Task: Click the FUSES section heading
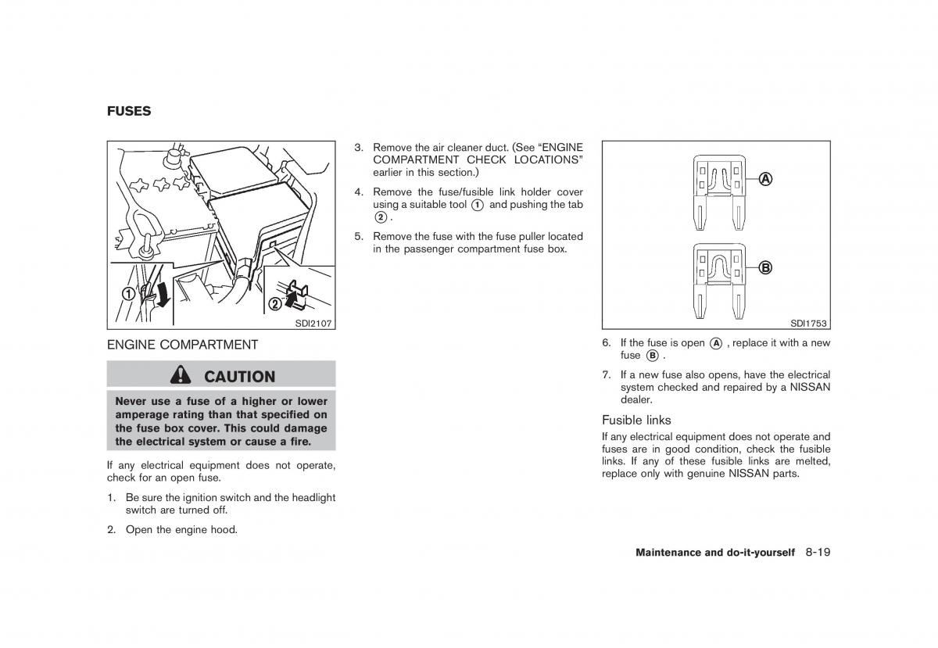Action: tap(129, 111)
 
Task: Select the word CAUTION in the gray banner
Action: tap(239, 376)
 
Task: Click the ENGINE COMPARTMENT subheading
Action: tap(182, 344)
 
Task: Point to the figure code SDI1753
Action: tap(807, 323)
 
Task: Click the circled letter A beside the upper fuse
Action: tap(764, 179)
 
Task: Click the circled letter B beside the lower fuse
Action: tap(764, 267)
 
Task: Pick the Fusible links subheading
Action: tap(636, 420)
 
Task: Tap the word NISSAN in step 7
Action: tap(811, 387)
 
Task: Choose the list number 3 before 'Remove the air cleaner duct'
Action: tap(358, 147)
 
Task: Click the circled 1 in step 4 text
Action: tap(477, 204)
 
